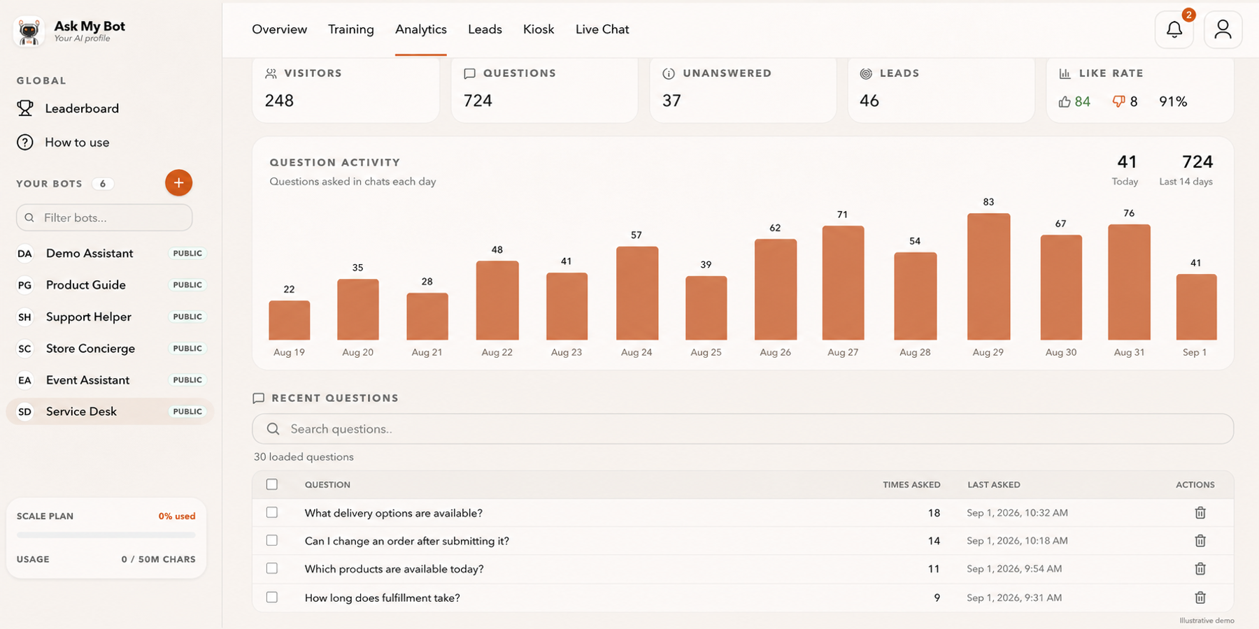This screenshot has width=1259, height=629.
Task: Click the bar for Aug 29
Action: click(988, 277)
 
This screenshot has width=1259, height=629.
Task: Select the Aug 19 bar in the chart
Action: click(289, 320)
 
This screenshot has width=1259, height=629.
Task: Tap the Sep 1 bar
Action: click(1196, 307)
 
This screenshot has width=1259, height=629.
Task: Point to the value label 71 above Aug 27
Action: click(842, 215)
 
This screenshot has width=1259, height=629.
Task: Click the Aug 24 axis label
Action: click(636, 352)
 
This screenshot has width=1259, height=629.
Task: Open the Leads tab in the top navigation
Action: click(485, 29)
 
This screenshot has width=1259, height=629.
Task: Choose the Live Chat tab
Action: click(602, 29)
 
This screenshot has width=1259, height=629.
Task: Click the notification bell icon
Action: click(1174, 29)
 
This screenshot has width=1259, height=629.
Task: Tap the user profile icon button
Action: click(1223, 29)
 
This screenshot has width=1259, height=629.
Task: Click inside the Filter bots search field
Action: click(104, 217)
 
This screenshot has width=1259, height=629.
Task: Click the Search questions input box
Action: click(743, 428)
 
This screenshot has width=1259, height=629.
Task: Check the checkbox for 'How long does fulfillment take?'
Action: click(272, 597)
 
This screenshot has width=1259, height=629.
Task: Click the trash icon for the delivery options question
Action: click(1200, 512)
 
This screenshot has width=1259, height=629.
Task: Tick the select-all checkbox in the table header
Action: click(272, 484)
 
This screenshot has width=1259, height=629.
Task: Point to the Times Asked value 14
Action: click(934, 541)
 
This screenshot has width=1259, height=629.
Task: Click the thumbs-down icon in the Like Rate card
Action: click(1118, 101)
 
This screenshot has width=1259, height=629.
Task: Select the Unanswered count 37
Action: click(671, 101)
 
